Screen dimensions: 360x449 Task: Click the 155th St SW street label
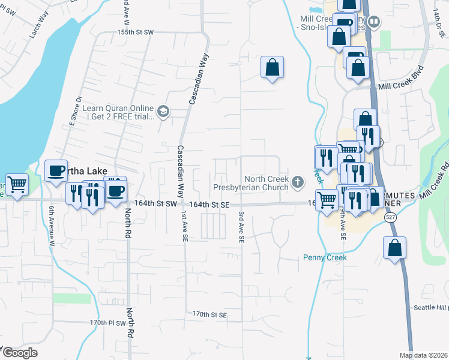pos(136,31)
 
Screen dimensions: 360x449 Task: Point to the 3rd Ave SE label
pos(241,227)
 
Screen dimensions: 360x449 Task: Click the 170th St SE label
pos(209,314)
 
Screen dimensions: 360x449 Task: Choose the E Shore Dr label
pos(74,110)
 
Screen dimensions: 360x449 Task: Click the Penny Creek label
pos(324,258)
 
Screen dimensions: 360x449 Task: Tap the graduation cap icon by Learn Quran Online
pos(163,111)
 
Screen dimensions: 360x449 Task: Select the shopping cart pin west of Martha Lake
pos(16,184)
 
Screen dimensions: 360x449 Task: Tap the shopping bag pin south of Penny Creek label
pos(395,248)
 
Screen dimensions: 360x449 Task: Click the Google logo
pos(19,353)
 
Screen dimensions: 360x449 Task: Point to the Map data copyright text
pos(423,355)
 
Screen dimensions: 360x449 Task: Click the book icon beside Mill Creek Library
pos(375,23)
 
